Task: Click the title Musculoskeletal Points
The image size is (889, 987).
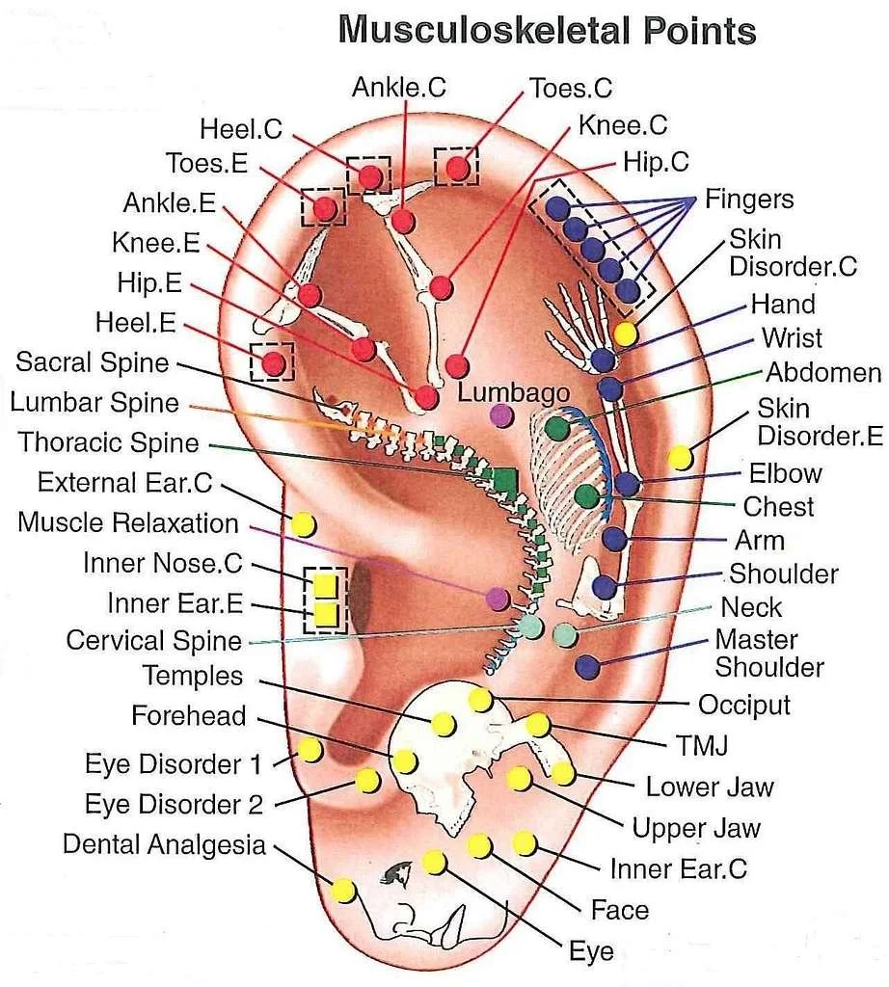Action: (547, 30)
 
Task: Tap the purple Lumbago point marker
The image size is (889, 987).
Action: (501, 416)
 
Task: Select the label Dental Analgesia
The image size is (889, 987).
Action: (164, 844)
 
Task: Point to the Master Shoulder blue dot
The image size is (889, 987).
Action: (586, 664)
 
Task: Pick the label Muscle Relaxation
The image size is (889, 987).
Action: (128, 523)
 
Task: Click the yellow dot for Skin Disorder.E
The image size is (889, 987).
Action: (681, 457)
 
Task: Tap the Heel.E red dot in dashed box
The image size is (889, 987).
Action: (274, 363)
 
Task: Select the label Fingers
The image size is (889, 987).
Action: (749, 200)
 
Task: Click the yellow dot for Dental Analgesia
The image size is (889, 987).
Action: (343, 891)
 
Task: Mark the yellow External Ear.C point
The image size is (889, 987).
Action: (303, 524)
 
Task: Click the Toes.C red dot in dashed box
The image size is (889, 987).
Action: (458, 168)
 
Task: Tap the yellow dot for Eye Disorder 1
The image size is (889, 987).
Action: (310, 749)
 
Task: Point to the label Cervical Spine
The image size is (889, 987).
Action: (154, 640)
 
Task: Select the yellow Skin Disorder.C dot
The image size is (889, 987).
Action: (626, 333)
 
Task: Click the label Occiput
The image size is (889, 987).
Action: (743, 705)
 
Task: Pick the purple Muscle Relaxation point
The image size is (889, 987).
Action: (498, 598)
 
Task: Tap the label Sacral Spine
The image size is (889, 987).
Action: (93, 363)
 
